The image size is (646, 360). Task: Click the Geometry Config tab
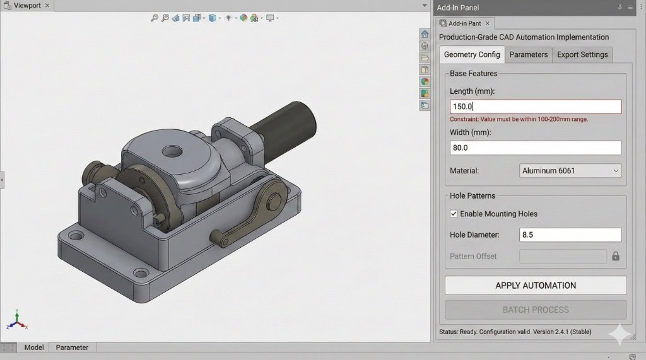tap(471, 55)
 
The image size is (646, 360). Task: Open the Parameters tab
tap(528, 55)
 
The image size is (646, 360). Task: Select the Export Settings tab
tap(582, 55)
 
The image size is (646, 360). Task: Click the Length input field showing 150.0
tap(535, 107)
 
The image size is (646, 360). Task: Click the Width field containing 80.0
tap(535, 148)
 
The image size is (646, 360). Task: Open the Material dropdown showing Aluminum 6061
tap(570, 171)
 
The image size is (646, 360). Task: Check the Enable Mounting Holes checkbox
tap(454, 214)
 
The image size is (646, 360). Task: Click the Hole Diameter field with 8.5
tap(570, 235)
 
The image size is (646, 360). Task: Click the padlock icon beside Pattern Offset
tap(616, 257)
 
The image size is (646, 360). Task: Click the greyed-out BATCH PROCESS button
tap(535, 310)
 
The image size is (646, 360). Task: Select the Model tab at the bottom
tap(33, 347)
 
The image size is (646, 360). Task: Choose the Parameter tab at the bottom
tap(72, 347)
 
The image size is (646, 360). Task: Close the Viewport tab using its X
tap(47, 5)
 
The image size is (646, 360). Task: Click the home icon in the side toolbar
tap(425, 34)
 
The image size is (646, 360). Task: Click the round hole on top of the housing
tap(172, 151)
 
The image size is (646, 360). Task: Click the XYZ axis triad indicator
tap(17, 321)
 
